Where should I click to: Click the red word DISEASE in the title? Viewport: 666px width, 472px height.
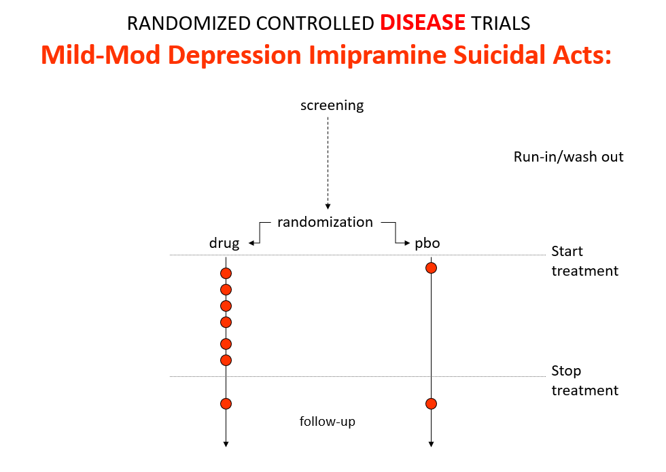coord(423,22)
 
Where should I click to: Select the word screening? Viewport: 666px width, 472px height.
coord(332,106)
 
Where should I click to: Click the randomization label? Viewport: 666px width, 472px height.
coord(325,222)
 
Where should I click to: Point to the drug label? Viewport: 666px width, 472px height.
coord(224,243)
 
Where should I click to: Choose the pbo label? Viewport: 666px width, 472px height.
coord(427,243)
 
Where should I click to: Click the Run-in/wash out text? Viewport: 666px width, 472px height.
coord(568,157)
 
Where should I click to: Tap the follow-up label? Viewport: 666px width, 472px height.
coord(327,422)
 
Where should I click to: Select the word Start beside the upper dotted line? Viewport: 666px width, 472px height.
coord(567,251)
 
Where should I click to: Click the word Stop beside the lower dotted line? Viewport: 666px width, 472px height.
coord(566,371)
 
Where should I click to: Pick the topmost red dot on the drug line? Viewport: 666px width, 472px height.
coord(226,273)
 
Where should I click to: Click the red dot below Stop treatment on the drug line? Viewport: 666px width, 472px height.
coord(226,403)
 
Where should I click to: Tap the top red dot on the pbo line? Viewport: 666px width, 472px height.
coord(431,268)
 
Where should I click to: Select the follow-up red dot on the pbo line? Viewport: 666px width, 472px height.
coord(431,403)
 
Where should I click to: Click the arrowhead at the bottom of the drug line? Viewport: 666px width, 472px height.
coord(226,444)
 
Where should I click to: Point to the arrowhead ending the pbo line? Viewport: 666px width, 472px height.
coord(431,444)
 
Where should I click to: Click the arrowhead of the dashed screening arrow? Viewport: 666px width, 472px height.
coord(328,206)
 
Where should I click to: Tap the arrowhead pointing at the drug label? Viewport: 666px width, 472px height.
coord(251,243)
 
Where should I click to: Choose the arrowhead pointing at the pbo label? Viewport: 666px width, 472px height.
coord(407,243)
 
